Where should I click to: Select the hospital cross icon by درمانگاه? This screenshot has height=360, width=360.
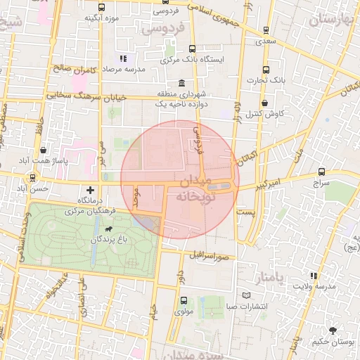coord(90,190)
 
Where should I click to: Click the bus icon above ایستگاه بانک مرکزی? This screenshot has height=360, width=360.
coord(192,49)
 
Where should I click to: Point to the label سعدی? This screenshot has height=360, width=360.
coord(266,42)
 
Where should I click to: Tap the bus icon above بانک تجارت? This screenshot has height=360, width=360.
coord(266,70)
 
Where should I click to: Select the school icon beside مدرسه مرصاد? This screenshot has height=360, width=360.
coord(124,59)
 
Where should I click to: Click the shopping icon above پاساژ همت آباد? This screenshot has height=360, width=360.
coord(44,150)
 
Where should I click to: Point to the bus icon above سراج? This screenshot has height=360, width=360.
coord(322,171)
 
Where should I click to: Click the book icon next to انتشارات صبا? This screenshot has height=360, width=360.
coord(245,295)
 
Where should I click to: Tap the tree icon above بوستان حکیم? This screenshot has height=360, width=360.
coord(333,330)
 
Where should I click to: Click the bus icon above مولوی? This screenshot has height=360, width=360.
coord(182,300)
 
